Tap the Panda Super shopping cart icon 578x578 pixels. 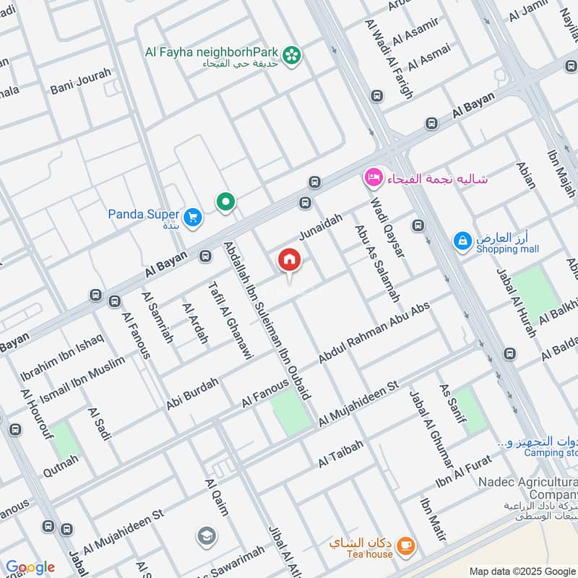click(x=192, y=217)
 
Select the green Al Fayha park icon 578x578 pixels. click(x=292, y=54)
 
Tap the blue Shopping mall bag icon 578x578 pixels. click(x=462, y=241)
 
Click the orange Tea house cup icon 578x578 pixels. click(x=405, y=544)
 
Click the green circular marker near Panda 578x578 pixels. click(x=226, y=202)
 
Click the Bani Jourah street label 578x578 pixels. click(x=81, y=82)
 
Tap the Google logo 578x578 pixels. click(x=30, y=567)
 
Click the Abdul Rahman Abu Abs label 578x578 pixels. click(x=374, y=333)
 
